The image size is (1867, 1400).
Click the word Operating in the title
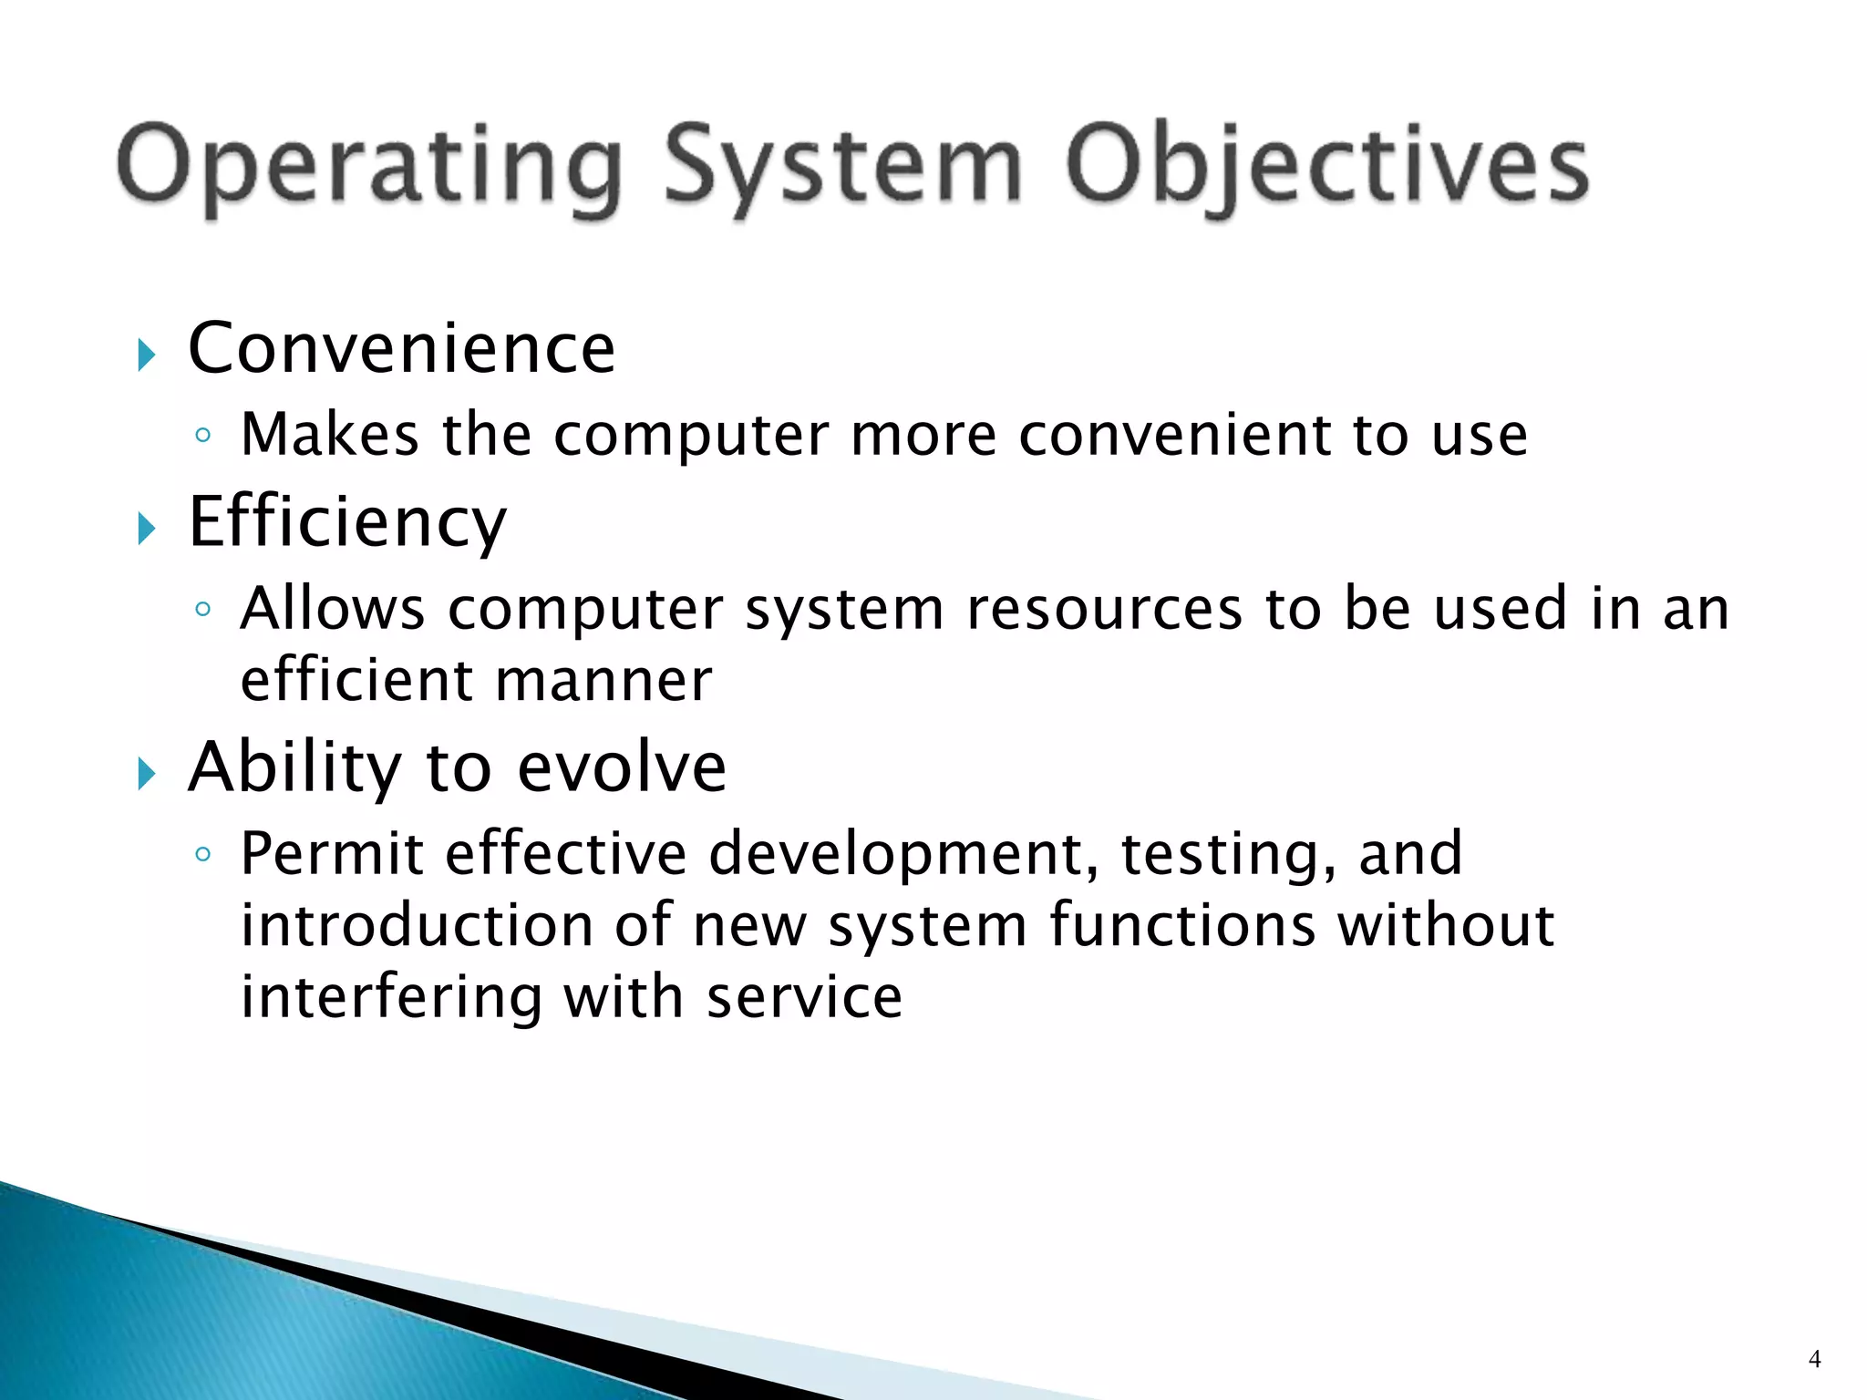pyautogui.click(x=370, y=170)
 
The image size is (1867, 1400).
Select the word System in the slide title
pyautogui.click(x=842, y=170)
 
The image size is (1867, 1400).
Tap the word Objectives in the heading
pyautogui.click(x=1327, y=170)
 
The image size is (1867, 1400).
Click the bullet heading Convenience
pyautogui.click(x=401, y=348)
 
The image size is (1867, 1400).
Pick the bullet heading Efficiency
pyautogui.click(x=346, y=521)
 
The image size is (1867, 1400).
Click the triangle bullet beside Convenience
pyautogui.click(x=147, y=355)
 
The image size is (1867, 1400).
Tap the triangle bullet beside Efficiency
pyautogui.click(x=147, y=528)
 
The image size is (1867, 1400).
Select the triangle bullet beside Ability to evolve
pyautogui.click(x=147, y=774)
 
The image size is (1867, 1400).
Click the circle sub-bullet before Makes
pyautogui.click(x=203, y=436)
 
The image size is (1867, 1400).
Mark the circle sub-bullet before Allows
pyautogui.click(x=203, y=609)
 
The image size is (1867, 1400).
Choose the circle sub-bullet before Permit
pyautogui.click(x=203, y=855)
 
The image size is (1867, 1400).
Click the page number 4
pyautogui.click(x=1814, y=1359)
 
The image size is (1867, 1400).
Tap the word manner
pyautogui.click(x=603, y=681)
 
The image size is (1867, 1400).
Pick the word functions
pyautogui.click(x=1182, y=925)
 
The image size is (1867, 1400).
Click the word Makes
pyautogui.click(x=329, y=435)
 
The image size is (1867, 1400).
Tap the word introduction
pyautogui.click(x=417, y=925)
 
